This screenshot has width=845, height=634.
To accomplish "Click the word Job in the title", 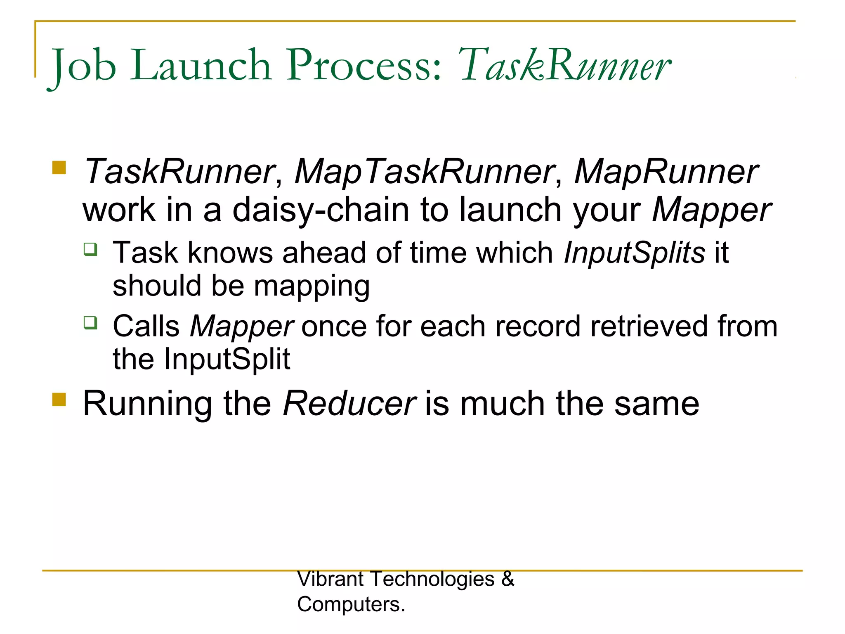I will tap(83, 66).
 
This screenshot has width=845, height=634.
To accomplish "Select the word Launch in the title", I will tap(202, 65).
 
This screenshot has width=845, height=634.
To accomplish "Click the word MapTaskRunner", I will tap(424, 172).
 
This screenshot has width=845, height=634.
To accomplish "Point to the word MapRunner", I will tap(666, 172).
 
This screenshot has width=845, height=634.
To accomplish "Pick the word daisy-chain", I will tap(321, 210).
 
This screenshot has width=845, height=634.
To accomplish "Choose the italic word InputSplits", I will tap(634, 253).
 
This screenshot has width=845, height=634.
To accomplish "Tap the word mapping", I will tap(312, 286).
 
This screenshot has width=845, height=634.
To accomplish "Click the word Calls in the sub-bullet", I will tap(146, 326).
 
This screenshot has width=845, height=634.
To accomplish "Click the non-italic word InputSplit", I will tap(227, 359).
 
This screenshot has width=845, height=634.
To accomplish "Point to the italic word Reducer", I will tap(349, 404).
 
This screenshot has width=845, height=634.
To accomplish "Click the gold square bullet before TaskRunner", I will tap(59, 168).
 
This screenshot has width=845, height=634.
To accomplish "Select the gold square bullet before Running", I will tap(59, 399).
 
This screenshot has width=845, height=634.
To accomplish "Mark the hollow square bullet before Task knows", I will tap(90, 249).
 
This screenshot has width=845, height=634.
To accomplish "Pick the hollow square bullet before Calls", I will tap(90, 322).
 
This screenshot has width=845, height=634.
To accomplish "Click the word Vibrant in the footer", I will tap(330, 579).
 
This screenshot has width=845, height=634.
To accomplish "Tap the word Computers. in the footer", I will tap(351, 605).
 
